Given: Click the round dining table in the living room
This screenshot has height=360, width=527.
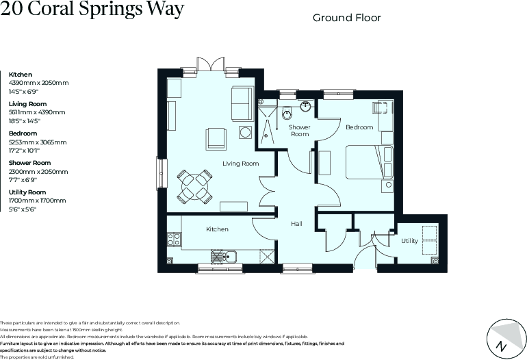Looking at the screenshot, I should click(x=192, y=185).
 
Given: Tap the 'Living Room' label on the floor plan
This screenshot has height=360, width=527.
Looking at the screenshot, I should click(x=240, y=164).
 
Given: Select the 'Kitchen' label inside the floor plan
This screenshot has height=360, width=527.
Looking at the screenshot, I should click(x=217, y=229).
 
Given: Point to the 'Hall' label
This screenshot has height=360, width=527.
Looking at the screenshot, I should click(x=296, y=224).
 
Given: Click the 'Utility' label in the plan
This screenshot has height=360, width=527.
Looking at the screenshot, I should click(x=409, y=241).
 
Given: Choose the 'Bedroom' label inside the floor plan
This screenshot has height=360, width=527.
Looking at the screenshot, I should click(x=359, y=127).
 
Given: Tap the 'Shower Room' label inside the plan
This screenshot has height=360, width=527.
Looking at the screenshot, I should click(x=299, y=131).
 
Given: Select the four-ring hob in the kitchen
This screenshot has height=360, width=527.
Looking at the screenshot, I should click(x=174, y=240).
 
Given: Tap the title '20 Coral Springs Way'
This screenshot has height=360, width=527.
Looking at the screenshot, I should click(x=92, y=12).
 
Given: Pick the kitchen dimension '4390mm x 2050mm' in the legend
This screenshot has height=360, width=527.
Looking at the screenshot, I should click(x=38, y=83).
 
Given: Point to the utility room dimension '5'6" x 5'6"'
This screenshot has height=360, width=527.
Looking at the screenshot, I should click(x=22, y=210).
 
